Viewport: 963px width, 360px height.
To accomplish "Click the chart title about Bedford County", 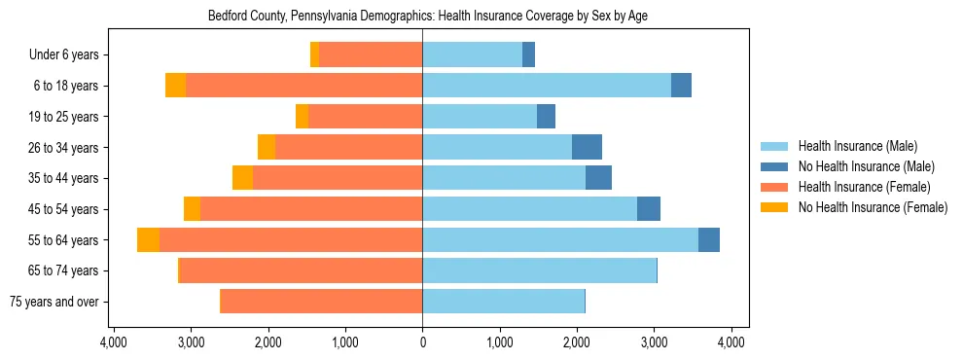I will click(428, 17).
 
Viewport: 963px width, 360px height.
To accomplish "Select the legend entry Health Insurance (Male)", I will click(857, 146).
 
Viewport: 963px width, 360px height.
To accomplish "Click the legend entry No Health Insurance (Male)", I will click(866, 166).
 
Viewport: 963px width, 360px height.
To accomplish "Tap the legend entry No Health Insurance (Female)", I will click(873, 207).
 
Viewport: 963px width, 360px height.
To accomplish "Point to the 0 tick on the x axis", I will click(422, 342).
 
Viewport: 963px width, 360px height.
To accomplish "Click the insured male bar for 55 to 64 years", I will click(560, 240).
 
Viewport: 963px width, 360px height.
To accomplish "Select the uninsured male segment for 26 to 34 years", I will click(587, 148).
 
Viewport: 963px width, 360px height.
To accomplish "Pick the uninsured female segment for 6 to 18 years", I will click(175, 86).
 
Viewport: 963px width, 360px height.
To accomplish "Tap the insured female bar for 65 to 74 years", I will click(301, 270).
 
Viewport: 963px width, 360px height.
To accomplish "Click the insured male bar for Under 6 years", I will click(472, 55).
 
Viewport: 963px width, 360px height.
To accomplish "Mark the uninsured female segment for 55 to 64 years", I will click(148, 240).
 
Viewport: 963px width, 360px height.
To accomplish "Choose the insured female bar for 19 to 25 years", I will click(365, 117).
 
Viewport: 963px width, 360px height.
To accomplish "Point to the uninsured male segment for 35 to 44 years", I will click(598, 178).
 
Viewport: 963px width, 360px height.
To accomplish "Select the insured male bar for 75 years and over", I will click(503, 302).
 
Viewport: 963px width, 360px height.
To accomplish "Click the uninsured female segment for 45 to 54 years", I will click(192, 209).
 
